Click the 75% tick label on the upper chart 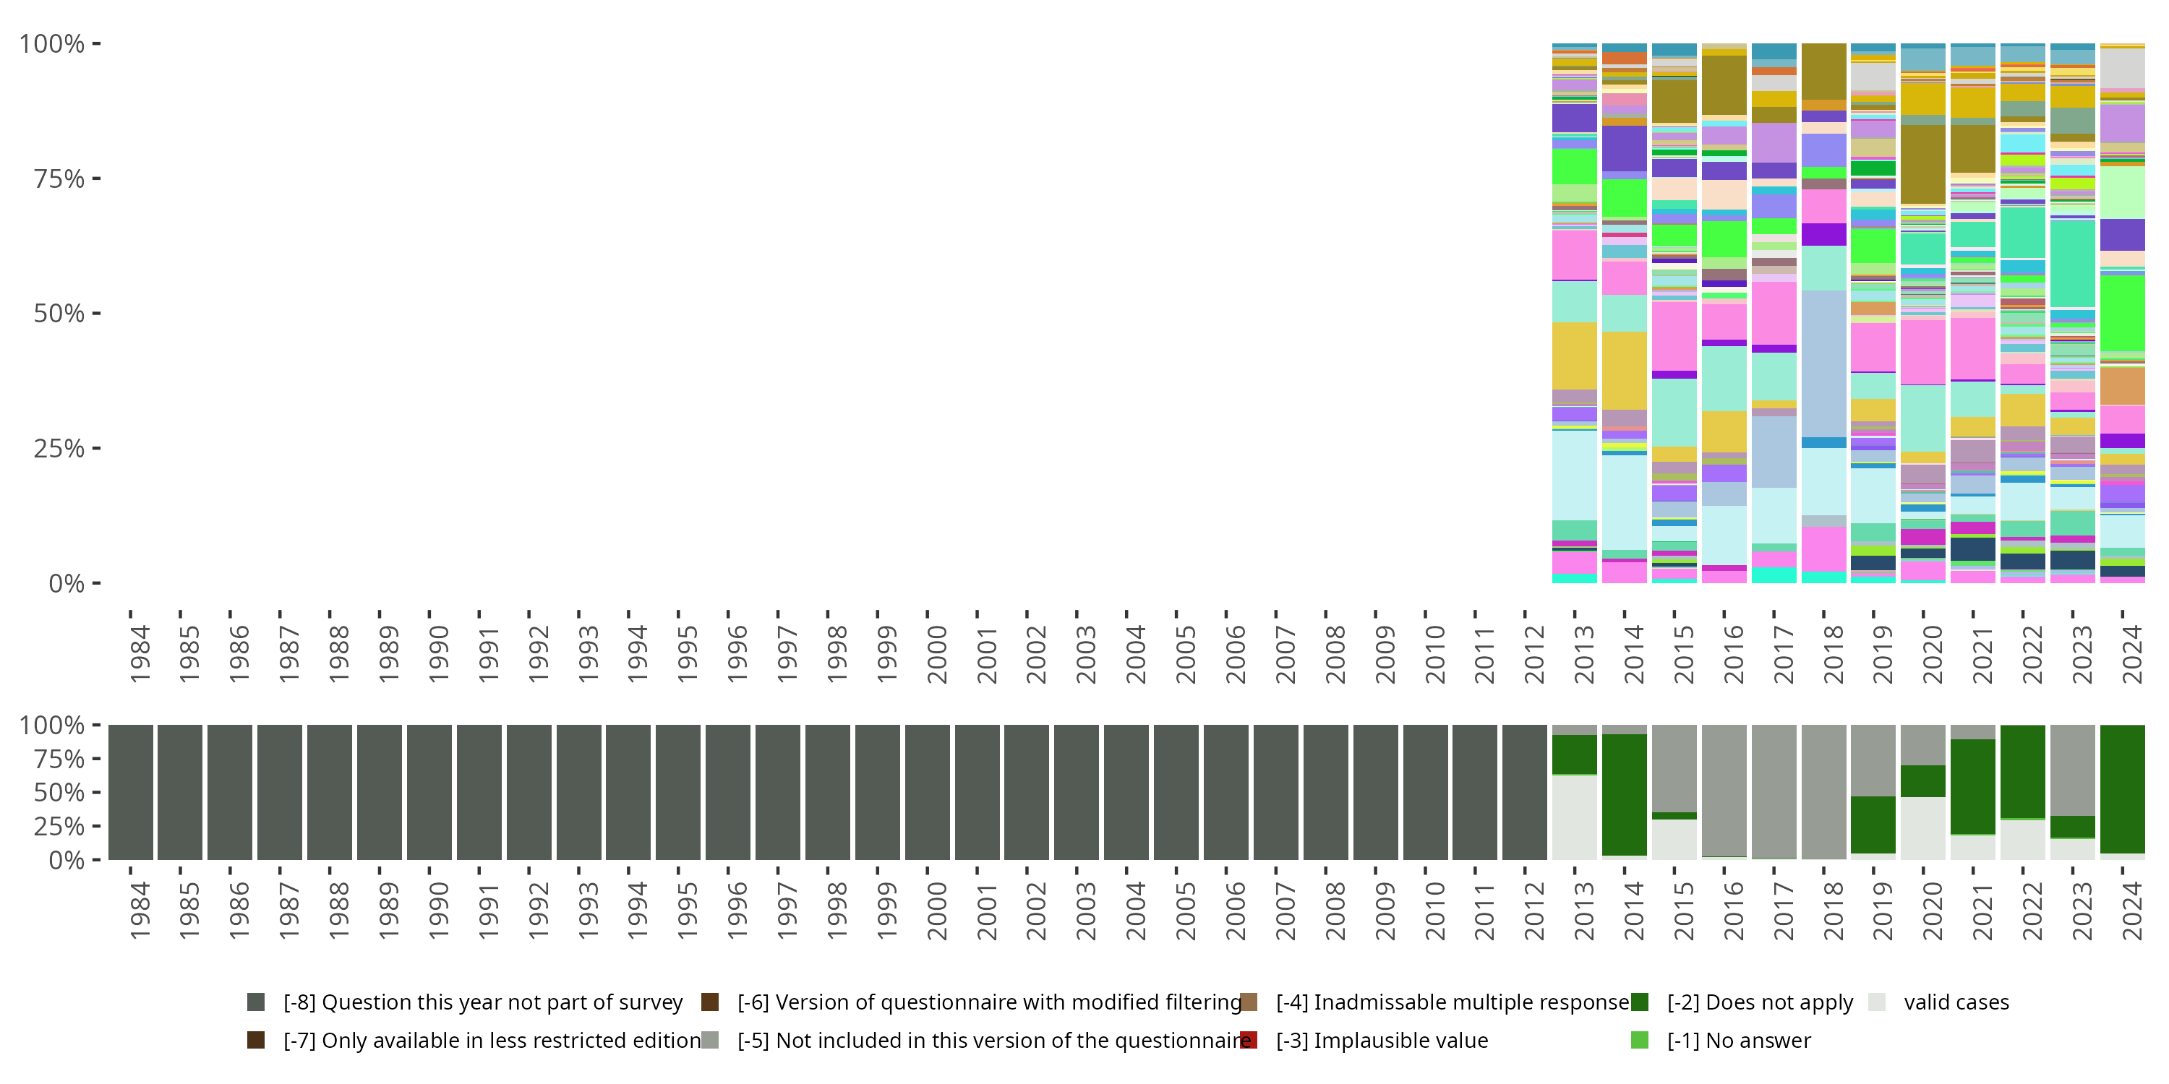(58, 179)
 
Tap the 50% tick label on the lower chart (51, 793)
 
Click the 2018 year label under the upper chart (1833, 655)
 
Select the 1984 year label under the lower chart (139, 911)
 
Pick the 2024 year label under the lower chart (2132, 911)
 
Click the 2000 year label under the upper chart (936, 655)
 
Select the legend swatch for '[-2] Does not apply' (1639, 1002)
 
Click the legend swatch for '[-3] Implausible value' (1249, 1040)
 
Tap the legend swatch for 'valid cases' (1877, 1002)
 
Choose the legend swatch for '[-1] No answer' (1639, 1040)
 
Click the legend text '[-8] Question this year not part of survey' (482, 1002)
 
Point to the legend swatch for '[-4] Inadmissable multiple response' (1249, 1002)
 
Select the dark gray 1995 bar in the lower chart (678, 792)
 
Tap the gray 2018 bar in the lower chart (1824, 792)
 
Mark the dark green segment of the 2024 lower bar (2123, 788)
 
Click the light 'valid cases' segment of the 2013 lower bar (1575, 817)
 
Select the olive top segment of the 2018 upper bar (1824, 72)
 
